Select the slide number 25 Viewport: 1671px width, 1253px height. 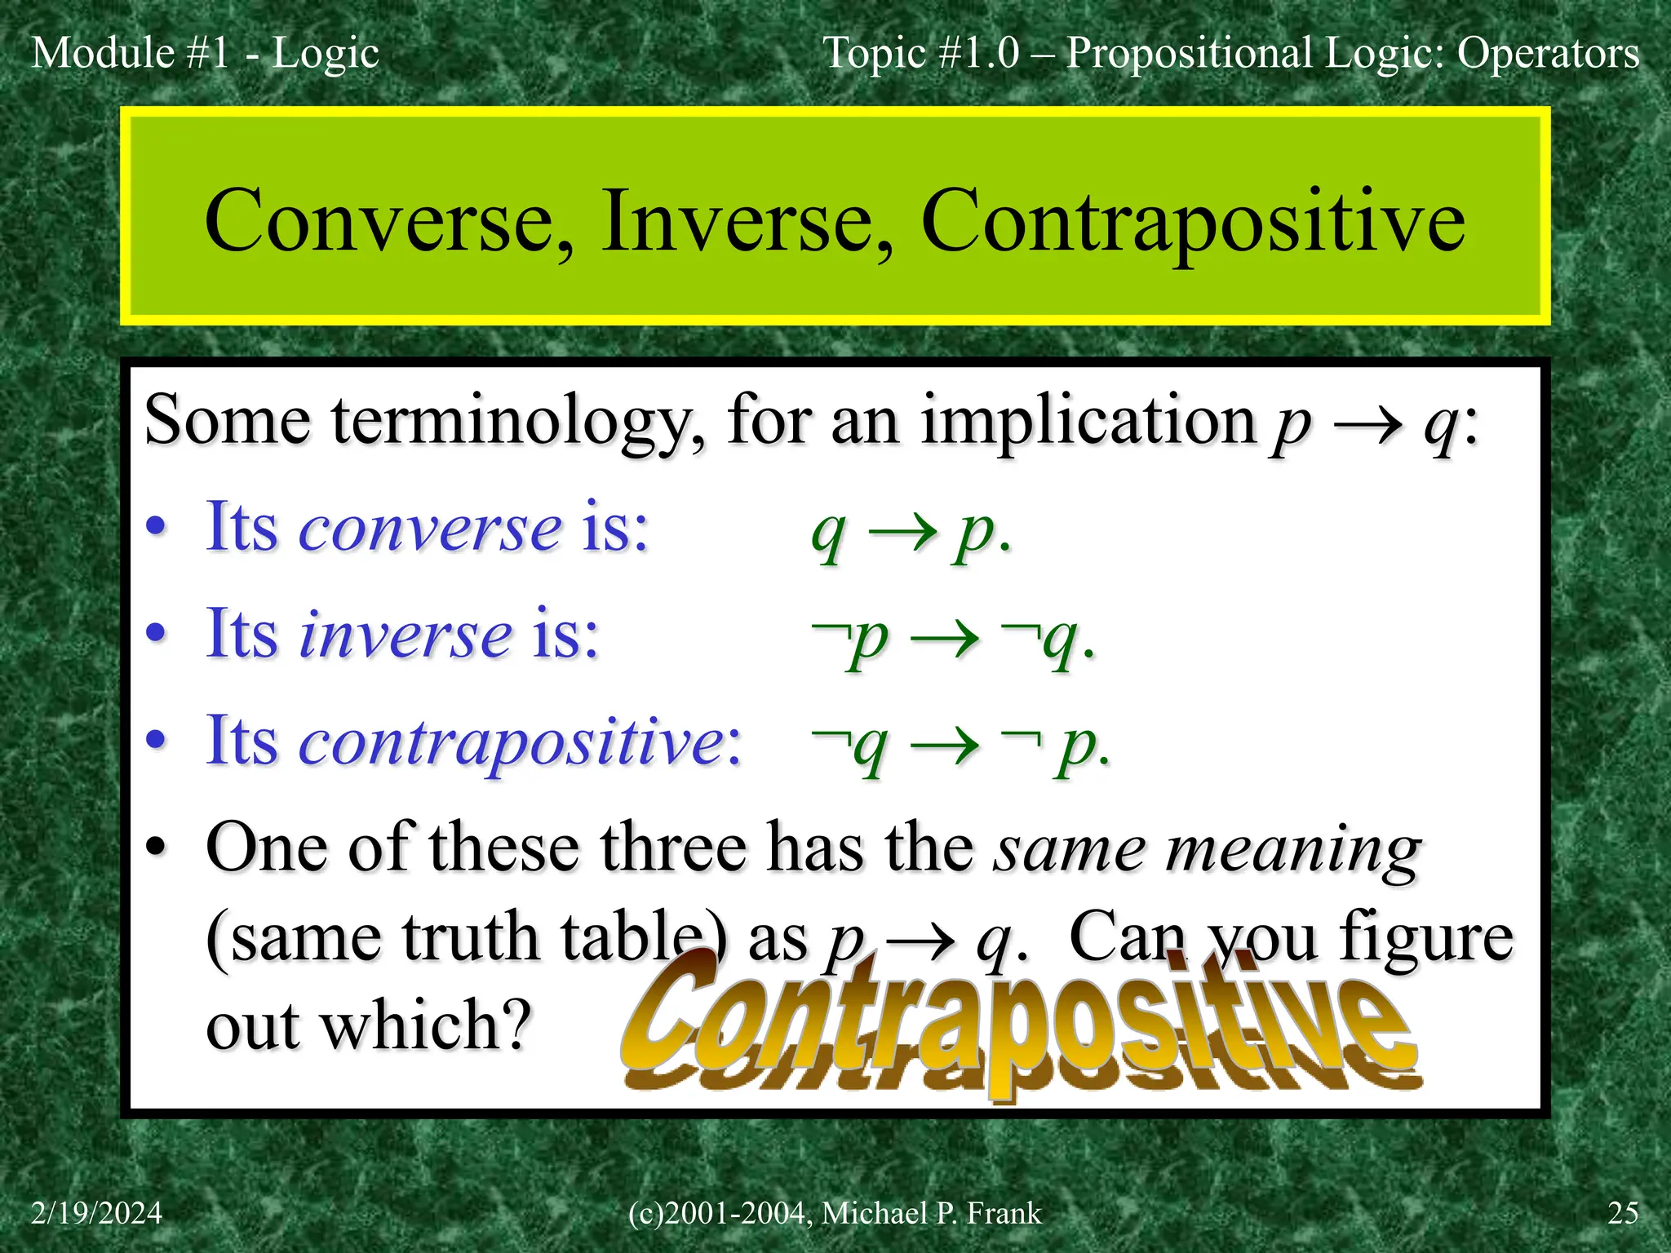click(1622, 1213)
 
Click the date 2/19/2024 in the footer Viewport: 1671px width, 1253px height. click(96, 1213)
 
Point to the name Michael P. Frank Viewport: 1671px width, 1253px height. click(931, 1213)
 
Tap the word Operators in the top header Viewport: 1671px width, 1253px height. click(1548, 53)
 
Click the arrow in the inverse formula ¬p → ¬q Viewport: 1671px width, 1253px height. click(944, 638)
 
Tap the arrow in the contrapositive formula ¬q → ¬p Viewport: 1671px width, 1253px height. click(944, 745)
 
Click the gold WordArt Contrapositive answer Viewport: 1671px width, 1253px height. click(1019, 1024)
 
